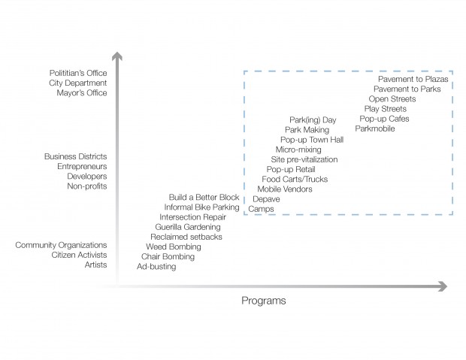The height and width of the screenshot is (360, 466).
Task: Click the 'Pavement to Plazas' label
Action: tap(413, 79)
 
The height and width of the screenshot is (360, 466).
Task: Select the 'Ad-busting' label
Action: tap(156, 266)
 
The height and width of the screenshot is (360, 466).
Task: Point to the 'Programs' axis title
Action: tap(263, 301)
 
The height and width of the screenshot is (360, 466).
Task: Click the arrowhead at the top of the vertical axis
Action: tap(117, 56)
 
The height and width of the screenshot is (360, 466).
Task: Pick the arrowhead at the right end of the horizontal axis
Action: tap(442, 286)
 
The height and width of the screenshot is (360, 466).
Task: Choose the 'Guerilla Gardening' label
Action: tap(188, 226)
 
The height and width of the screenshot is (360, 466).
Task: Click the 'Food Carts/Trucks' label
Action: tap(295, 179)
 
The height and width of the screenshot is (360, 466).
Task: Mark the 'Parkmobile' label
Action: tap(375, 129)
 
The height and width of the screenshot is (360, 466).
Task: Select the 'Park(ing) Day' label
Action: tap(313, 119)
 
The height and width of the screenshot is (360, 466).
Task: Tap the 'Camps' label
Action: tap(261, 208)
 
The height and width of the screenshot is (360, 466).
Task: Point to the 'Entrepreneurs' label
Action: tap(82, 166)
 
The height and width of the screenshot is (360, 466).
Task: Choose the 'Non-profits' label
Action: tap(87, 186)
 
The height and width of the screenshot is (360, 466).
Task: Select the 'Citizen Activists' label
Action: tap(79, 255)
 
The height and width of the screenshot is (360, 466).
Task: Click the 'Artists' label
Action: tap(95, 265)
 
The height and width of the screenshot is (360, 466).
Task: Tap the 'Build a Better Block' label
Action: tap(204, 197)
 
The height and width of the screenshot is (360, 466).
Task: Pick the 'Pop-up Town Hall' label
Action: tap(312, 140)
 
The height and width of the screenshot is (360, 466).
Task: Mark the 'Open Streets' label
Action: tap(392, 98)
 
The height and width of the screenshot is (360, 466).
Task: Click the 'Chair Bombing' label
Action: tap(168, 256)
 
